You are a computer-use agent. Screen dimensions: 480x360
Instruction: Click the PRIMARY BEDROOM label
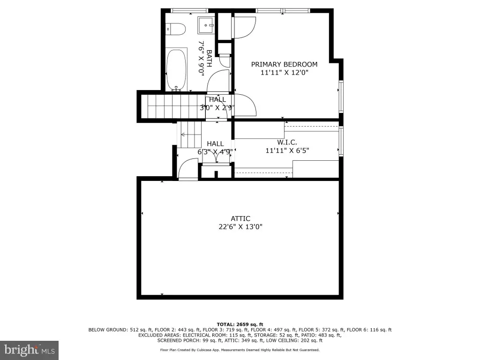[x=284, y=64]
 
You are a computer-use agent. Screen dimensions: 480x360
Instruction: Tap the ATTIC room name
[x=240, y=218]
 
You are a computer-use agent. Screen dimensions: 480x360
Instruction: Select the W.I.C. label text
[x=287, y=142]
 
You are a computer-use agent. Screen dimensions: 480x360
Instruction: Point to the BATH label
[x=210, y=59]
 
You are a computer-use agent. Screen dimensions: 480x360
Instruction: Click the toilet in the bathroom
[x=176, y=29]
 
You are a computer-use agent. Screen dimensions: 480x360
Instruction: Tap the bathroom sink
[x=206, y=25]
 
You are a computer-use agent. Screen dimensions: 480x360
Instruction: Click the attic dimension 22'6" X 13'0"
[x=240, y=227]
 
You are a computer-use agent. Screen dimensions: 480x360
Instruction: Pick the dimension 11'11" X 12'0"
[x=284, y=73]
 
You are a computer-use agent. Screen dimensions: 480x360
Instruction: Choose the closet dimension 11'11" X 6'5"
[x=287, y=150]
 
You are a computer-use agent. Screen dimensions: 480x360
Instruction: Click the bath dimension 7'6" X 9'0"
[x=201, y=59]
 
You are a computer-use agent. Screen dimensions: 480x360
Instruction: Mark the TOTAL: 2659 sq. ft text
[x=240, y=324]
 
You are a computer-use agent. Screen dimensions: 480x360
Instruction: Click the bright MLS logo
[x=29, y=350]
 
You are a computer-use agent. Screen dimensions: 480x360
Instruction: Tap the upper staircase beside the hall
[x=173, y=106]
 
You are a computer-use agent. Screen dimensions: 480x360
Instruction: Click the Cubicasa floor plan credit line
[x=240, y=350]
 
